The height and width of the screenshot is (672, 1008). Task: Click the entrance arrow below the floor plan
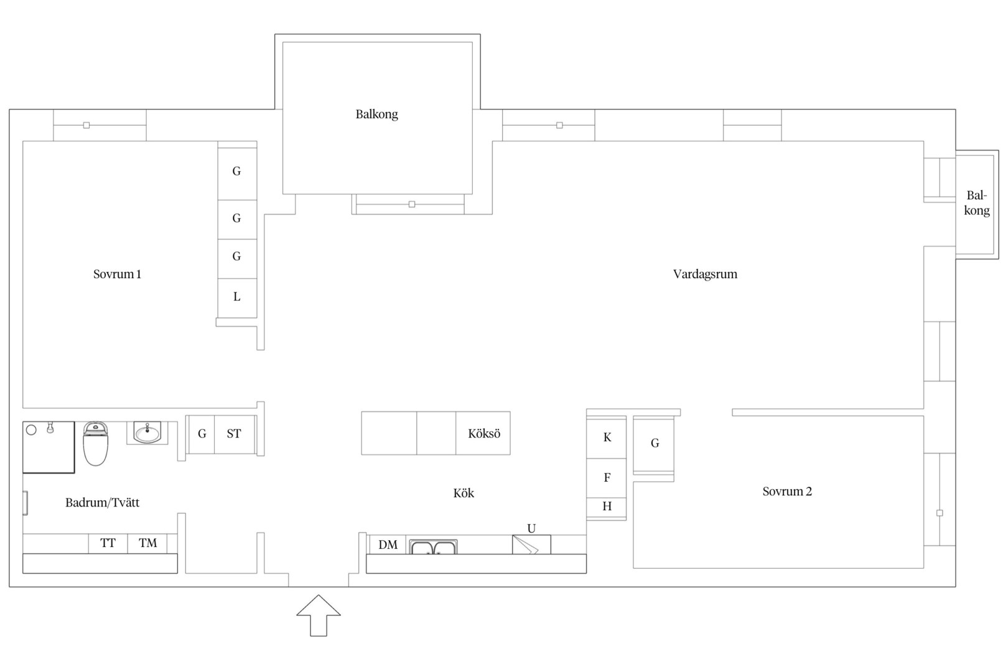pyautogui.click(x=318, y=615)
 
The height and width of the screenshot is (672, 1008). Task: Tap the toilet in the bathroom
pyautogui.click(x=95, y=444)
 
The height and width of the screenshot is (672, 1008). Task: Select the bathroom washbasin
pyautogui.click(x=147, y=432)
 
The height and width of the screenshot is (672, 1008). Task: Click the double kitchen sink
pyautogui.click(x=433, y=547)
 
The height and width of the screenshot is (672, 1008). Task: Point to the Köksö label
pyautogui.click(x=484, y=434)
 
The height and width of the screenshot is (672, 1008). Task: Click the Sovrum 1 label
pyautogui.click(x=117, y=274)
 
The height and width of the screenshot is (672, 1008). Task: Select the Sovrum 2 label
pyautogui.click(x=787, y=491)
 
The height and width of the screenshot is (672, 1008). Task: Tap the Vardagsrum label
pyautogui.click(x=705, y=274)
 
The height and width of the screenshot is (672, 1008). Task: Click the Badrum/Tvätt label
pyautogui.click(x=102, y=502)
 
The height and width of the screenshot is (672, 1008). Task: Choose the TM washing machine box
pyautogui.click(x=147, y=544)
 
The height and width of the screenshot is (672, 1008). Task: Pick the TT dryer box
pyautogui.click(x=108, y=544)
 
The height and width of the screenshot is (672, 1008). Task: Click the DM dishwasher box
pyautogui.click(x=388, y=544)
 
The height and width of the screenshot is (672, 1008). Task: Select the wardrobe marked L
pyautogui.click(x=237, y=297)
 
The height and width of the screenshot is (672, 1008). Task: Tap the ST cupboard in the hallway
pyautogui.click(x=234, y=434)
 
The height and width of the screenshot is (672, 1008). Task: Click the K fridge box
pyautogui.click(x=607, y=437)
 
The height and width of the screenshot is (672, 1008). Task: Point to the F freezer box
pyautogui.click(x=607, y=478)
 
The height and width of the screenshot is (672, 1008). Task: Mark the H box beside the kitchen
pyautogui.click(x=607, y=508)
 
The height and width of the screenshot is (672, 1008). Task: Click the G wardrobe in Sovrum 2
pyautogui.click(x=654, y=444)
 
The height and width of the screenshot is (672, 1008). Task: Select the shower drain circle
pyautogui.click(x=31, y=430)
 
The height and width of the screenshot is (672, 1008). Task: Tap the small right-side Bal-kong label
pyautogui.click(x=976, y=203)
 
